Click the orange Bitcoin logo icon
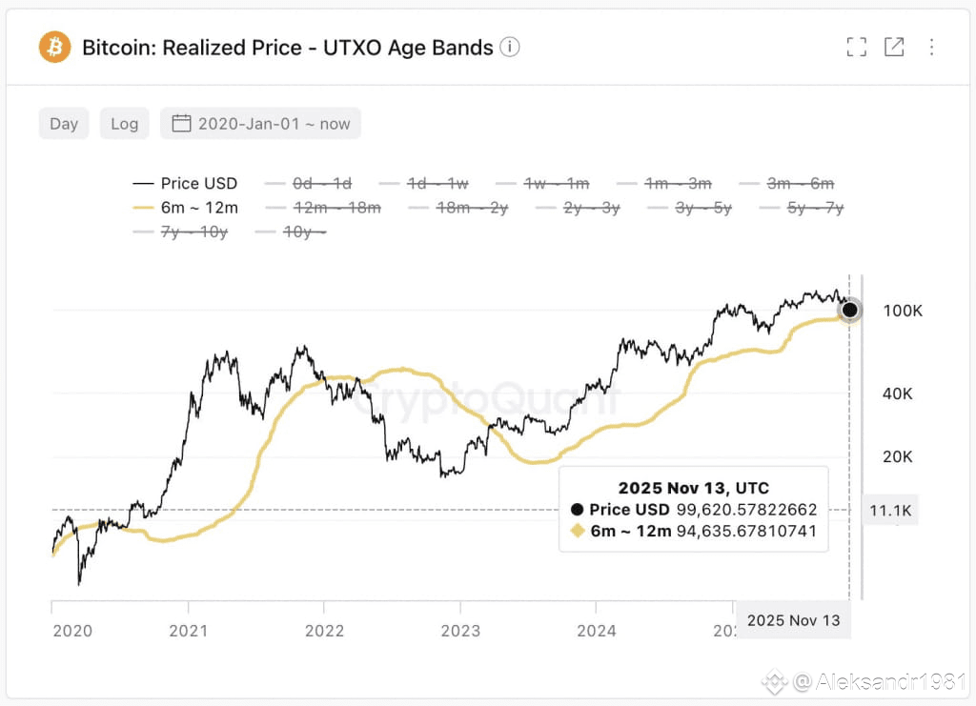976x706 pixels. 54,47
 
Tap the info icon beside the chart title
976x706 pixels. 510,47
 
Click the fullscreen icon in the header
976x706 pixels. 856,47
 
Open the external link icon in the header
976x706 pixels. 894,47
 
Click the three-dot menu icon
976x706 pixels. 931,47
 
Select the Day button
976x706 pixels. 64,124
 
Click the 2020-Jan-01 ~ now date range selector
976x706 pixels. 261,124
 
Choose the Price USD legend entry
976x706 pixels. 186,183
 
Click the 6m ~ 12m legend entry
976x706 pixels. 186,207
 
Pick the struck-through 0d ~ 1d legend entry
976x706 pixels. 309,183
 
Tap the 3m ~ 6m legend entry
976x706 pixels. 787,183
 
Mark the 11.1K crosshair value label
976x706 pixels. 890,511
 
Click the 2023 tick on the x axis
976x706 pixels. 460,630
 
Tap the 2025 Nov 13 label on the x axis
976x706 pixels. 793,620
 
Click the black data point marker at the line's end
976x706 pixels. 849,310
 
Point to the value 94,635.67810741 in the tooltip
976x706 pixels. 746,531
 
